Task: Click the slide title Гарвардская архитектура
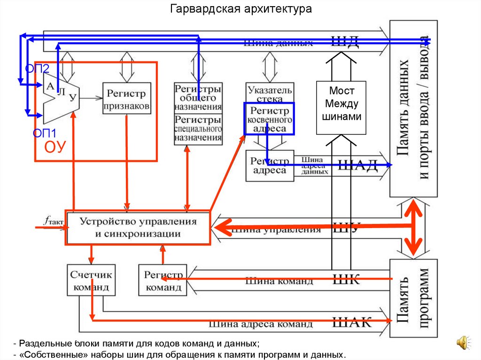point(240,9)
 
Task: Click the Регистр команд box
point(163,280)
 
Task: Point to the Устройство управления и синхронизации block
point(138,227)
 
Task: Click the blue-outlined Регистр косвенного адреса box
point(269,119)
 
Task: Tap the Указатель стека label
point(270,92)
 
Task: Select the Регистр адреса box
point(270,166)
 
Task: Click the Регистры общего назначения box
point(198,98)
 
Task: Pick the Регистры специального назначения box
point(198,129)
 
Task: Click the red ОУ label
point(54,147)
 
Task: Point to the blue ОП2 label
point(37,69)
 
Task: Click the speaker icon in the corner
point(462,342)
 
